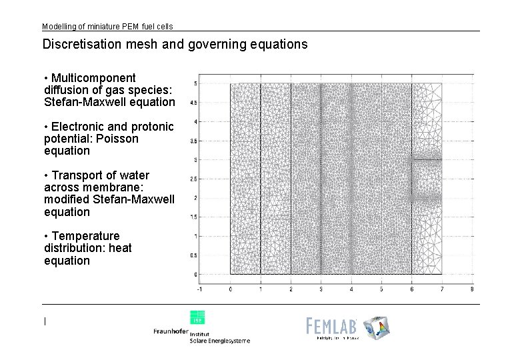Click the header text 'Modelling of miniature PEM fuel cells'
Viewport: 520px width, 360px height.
[x=107, y=27]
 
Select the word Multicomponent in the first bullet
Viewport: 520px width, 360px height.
[x=93, y=78]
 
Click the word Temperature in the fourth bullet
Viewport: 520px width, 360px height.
[x=85, y=236]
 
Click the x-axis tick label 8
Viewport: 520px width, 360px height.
[x=472, y=289]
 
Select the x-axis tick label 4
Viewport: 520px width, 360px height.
[x=351, y=289]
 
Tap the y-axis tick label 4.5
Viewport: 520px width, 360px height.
[x=193, y=103]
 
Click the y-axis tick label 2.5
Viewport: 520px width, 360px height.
[x=193, y=179]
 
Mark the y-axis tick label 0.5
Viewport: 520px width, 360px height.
[x=193, y=255]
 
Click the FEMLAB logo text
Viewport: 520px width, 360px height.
[x=332, y=325]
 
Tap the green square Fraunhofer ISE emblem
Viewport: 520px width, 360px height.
[x=197, y=317]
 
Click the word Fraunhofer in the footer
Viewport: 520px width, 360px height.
[x=171, y=331]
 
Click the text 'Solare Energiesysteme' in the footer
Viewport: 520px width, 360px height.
[x=220, y=341]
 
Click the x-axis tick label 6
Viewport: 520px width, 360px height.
[x=411, y=289]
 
